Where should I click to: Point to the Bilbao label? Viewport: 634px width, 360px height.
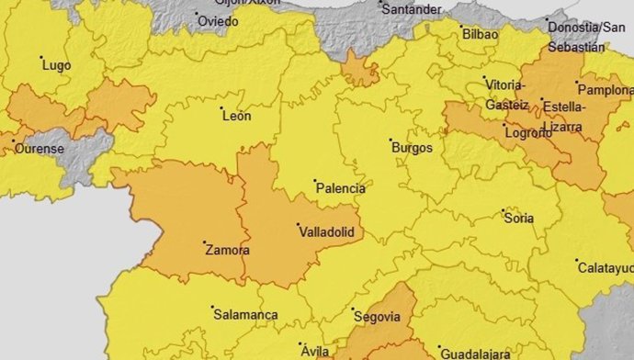pos(481,34)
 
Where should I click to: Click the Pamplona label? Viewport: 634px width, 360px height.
pos(606,91)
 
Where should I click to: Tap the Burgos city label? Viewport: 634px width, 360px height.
pos(412,148)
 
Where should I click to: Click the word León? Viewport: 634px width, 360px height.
pos(236,115)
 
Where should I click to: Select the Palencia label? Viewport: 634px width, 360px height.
pos(340,189)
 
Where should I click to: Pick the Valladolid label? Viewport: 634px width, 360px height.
pos(328,233)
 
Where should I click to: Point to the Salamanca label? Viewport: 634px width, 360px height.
pos(245,314)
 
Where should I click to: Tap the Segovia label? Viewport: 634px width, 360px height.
pos(380,317)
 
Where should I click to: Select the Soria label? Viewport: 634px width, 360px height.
pos(520,218)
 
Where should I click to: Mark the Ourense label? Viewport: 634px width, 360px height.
pos(39,149)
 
